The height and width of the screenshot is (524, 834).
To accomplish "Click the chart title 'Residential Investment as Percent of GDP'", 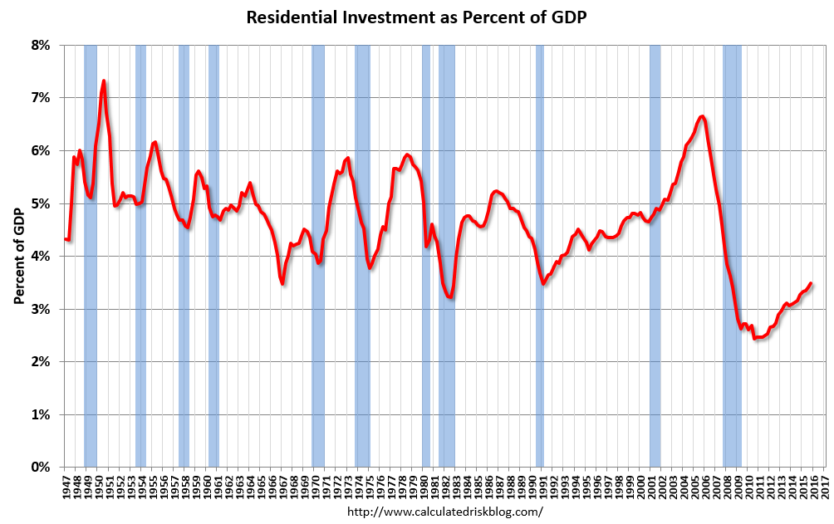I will (416, 17).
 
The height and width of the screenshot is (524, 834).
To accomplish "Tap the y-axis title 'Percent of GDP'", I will (17, 256).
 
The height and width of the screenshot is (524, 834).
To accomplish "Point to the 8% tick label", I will (42, 45).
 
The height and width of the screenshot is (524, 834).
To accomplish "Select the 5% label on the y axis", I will (42, 203).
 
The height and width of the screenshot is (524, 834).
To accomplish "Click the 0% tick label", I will (42, 468).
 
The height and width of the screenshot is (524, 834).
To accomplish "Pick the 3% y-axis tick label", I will (42, 309).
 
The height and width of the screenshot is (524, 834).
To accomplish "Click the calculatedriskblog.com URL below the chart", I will (444, 512).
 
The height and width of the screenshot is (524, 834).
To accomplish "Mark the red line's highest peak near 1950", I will (104, 81).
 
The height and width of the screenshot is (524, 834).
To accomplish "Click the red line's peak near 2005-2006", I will (703, 116).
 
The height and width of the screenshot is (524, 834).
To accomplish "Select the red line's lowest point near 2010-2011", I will (754, 338).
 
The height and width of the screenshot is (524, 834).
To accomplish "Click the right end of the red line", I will (811, 283).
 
